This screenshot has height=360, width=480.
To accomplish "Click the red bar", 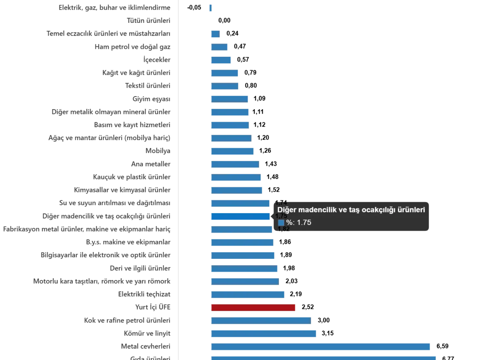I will (254, 308).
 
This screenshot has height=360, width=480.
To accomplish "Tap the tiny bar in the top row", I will (211, 8).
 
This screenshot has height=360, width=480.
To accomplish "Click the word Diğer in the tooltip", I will (286, 210).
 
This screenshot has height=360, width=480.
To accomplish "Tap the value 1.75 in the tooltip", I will (304, 223).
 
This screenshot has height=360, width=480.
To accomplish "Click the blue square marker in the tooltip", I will (281, 223).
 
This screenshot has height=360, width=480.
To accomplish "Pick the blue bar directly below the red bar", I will (262, 321).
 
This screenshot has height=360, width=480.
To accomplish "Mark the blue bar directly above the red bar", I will (248, 295).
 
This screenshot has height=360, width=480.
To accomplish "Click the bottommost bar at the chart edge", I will (324, 358).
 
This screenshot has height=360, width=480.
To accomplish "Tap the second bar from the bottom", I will (321, 347).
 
